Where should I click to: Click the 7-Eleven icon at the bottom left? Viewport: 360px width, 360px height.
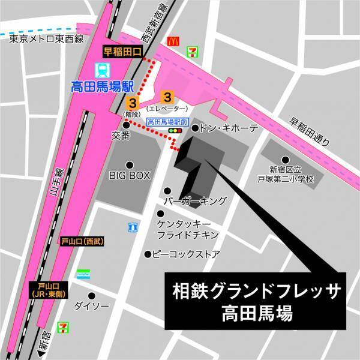[63, 327]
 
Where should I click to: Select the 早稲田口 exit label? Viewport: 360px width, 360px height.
[122, 52]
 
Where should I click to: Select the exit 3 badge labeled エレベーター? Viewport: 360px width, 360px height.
[169, 96]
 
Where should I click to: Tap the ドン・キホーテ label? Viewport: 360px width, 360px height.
[228, 128]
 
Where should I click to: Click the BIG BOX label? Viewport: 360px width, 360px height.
[128, 175]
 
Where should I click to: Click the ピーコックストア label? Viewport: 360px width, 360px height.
[187, 254]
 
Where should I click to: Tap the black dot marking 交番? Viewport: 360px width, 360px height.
[125, 124]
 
